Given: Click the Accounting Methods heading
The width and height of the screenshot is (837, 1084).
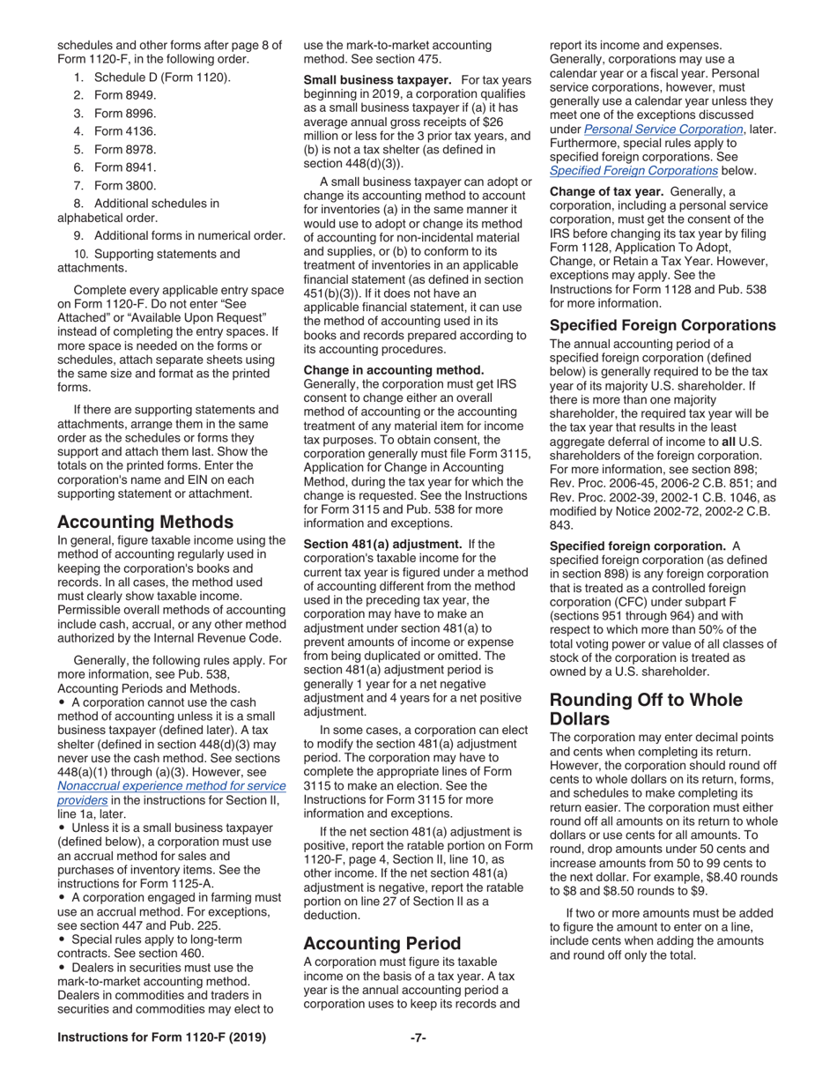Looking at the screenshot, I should coord(144,522).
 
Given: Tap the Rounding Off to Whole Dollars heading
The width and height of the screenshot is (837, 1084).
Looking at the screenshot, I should coord(646,710).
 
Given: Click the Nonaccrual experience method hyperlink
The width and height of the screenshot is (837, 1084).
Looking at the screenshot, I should coord(171,785).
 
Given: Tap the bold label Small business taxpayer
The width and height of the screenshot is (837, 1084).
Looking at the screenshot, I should coord(377,80).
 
